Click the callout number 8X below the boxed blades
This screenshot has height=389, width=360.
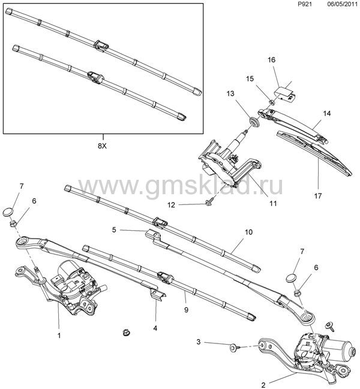coord(102,146)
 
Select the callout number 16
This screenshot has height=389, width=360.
coord(272,60)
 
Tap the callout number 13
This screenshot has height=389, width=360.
coord(230,94)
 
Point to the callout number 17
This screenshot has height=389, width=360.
coord(318,196)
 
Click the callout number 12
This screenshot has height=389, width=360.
coord(172,205)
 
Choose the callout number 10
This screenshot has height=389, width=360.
coord(248,232)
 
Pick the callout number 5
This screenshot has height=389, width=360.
coord(114,230)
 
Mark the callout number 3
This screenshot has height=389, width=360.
coord(199,342)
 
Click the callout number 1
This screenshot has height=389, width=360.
coord(59,336)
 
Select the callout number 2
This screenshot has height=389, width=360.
coord(263,385)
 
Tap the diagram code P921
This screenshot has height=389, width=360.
coord(305,4)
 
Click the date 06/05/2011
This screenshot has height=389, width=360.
coord(343,4)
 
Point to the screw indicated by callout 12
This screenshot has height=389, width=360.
coord(209,203)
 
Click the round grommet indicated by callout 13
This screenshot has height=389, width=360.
coord(254,122)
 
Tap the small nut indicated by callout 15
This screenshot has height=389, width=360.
coord(272,102)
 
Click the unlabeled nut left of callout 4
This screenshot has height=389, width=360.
coord(127,333)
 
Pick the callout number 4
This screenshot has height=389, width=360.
coord(155,328)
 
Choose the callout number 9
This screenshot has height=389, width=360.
coord(186,310)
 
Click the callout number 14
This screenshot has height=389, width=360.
coord(327,113)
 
